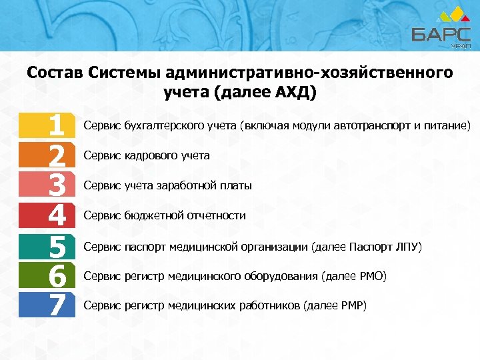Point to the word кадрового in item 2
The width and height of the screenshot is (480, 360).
pyautogui.click(x=151, y=155)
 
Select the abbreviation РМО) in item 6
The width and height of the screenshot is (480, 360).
pyautogui.click(x=371, y=276)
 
